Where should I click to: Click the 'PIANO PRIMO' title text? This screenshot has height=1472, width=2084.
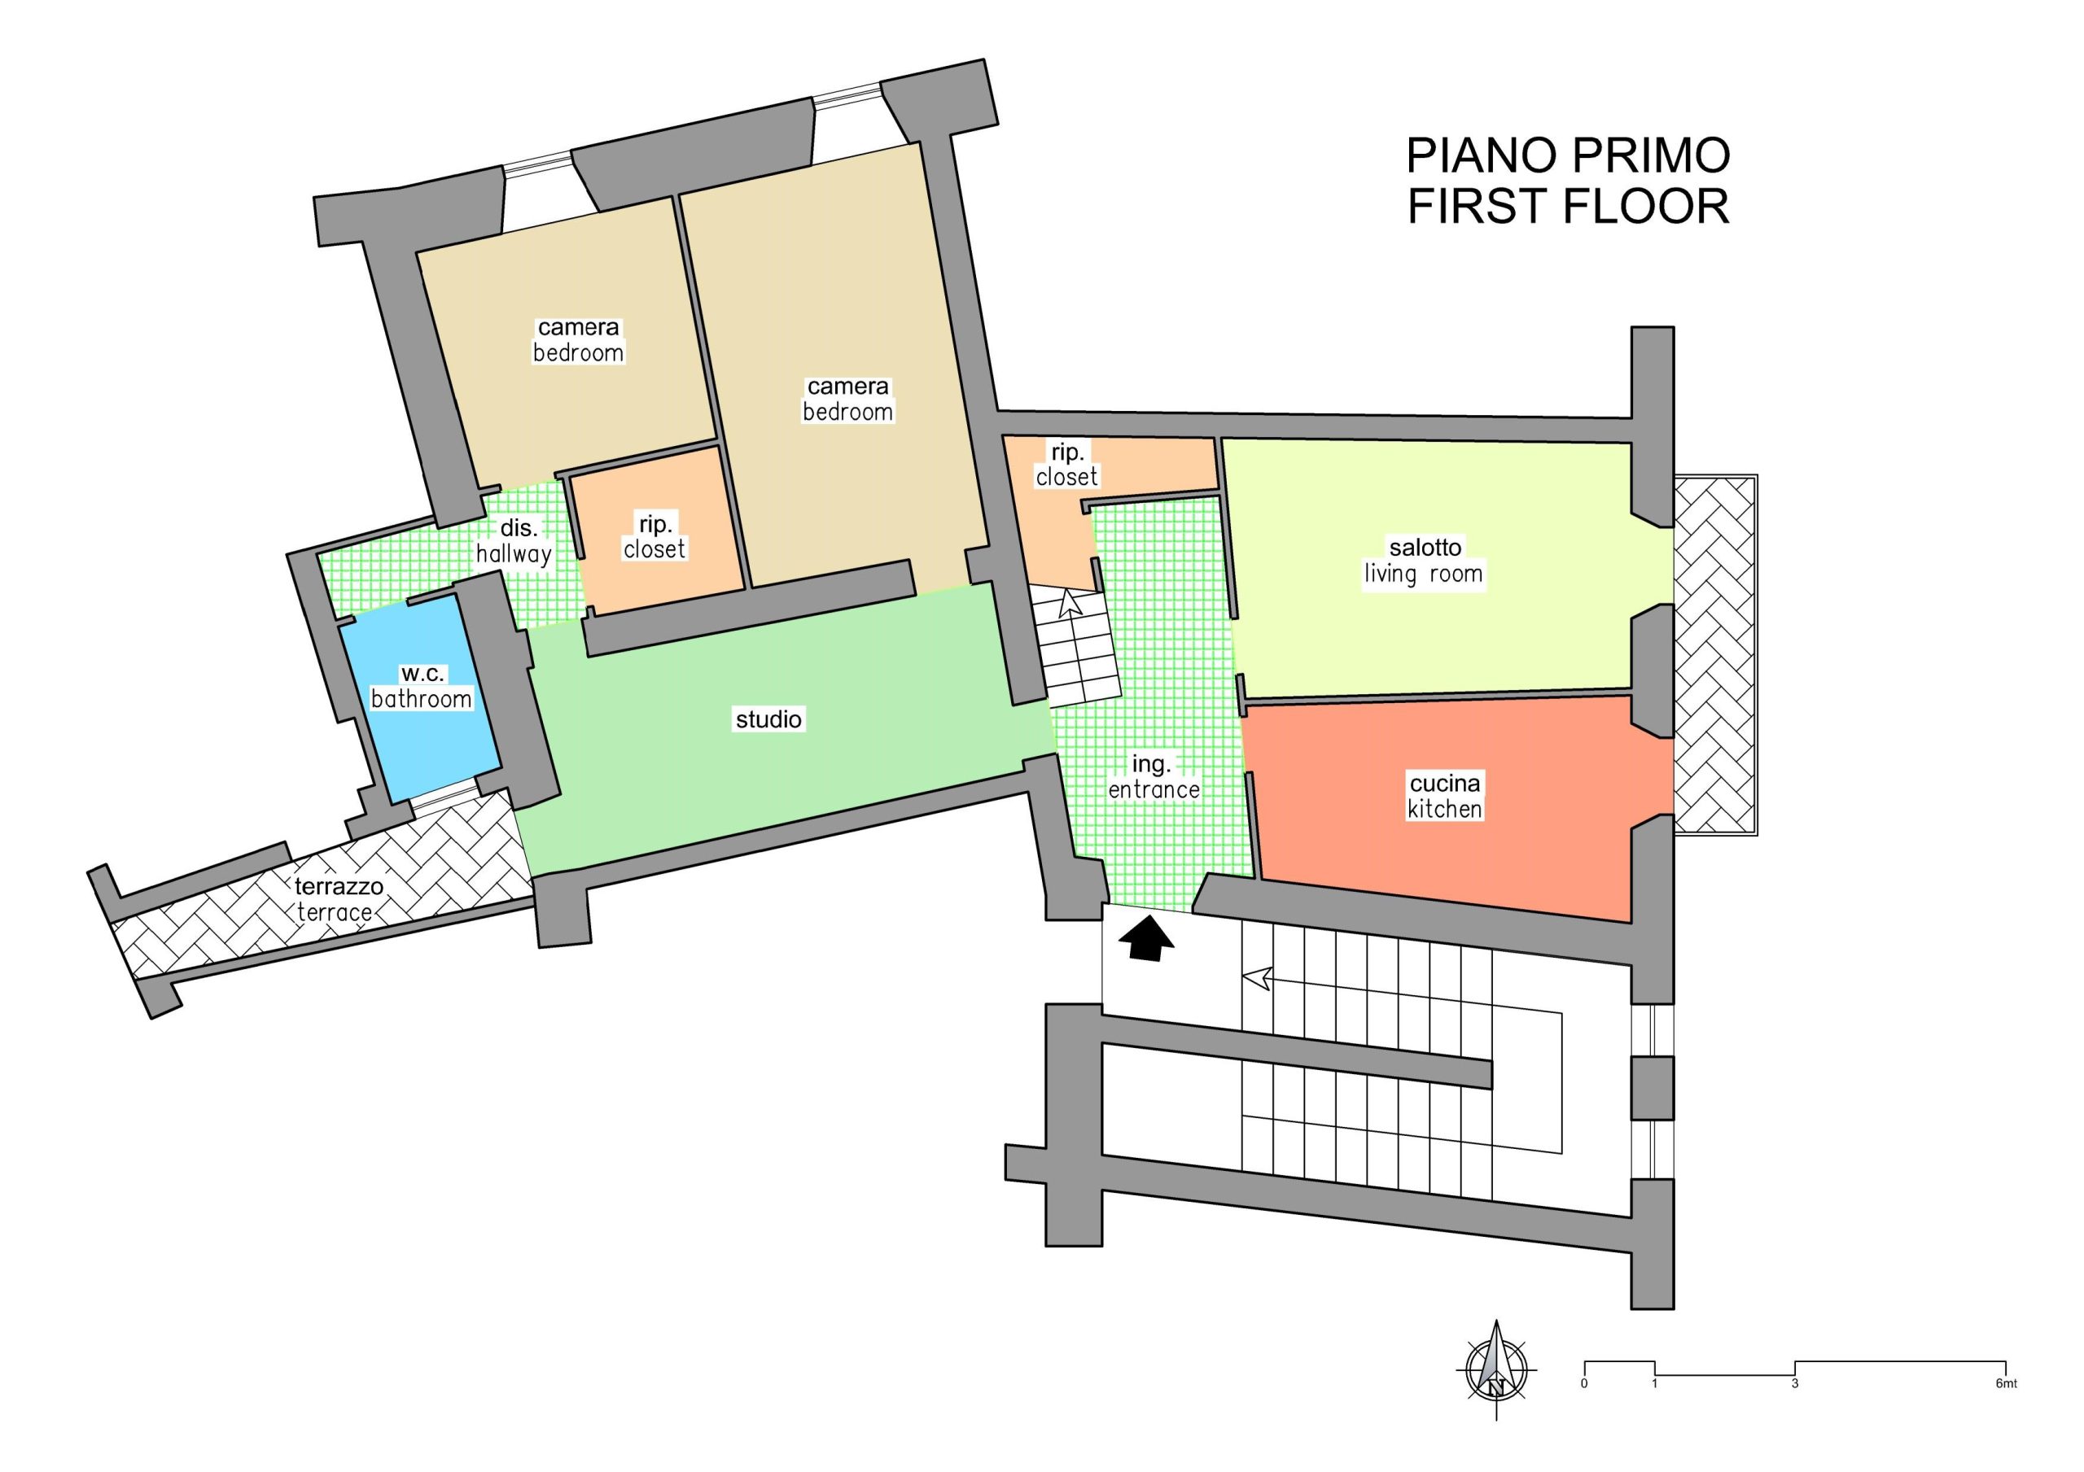[x=1568, y=156]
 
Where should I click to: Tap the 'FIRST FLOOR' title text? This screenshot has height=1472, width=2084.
[x=1568, y=206]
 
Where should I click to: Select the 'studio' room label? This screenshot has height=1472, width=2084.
[x=768, y=719]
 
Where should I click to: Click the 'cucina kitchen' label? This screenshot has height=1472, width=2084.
[x=1445, y=796]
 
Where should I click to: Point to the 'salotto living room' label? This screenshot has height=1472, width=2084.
[x=1424, y=561]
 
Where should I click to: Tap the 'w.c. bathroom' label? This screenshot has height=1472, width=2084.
[x=421, y=687]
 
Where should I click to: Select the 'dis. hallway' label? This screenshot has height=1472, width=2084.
[x=514, y=541]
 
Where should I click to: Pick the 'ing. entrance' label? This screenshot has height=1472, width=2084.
[x=1153, y=777]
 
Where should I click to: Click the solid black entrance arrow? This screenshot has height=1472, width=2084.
[x=1147, y=937]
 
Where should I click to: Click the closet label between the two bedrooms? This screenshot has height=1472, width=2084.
[x=655, y=536]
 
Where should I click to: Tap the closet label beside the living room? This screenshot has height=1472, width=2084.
[x=1066, y=465]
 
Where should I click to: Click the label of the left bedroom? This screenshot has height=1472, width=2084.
[x=578, y=339]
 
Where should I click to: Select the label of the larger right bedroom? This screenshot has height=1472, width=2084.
[x=847, y=400]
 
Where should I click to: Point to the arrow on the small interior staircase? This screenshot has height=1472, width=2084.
[x=1071, y=605]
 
